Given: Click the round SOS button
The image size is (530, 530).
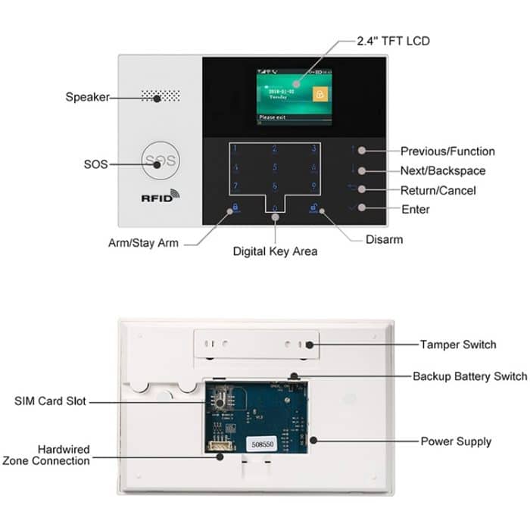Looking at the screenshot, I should (x=160, y=161).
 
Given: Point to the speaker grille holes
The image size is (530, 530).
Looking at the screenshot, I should (x=160, y=97).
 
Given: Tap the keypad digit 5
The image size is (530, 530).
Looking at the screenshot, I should (x=274, y=167).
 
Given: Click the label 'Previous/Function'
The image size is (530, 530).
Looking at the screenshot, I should (x=447, y=151).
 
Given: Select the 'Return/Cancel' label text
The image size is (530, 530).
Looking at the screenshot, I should (x=438, y=190).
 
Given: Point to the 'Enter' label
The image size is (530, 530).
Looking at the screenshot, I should (x=416, y=209).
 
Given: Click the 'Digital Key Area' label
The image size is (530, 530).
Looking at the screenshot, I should (x=274, y=250).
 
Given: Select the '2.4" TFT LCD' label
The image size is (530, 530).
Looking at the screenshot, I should (x=394, y=41).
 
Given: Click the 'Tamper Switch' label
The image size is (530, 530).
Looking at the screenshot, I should (x=458, y=344).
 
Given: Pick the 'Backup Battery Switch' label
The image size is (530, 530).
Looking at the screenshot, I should (x=469, y=376).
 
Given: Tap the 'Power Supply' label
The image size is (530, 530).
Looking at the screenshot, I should (x=456, y=441).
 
